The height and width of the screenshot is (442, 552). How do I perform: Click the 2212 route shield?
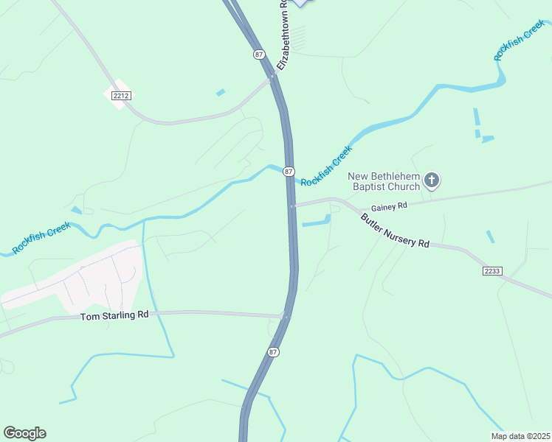(x=121, y=96)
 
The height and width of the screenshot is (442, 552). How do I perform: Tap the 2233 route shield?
(x=492, y=271)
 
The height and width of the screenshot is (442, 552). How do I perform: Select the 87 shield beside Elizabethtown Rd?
(x=258, y=55)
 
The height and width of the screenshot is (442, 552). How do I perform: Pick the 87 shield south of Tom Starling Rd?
(x=274, y=352)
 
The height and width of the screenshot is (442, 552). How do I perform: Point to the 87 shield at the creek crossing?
(x=289, y=171)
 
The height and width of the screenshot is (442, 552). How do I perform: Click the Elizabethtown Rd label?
(x=283, y=35)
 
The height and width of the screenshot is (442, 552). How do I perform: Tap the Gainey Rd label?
(x=389, y=207)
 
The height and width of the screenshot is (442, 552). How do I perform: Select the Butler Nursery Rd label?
(x=395, y=231)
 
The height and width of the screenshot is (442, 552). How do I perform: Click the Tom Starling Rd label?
(x=114, y=315)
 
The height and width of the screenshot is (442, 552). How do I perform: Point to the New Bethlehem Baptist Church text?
(x=384, y=181)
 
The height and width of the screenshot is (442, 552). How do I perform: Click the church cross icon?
(x=432, y=180)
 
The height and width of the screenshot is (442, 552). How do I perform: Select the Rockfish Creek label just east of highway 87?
(x=327, y=166)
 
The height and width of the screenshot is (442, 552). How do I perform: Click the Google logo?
(x=24, y=433)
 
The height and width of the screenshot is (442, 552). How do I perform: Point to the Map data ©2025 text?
(x=520, y=436)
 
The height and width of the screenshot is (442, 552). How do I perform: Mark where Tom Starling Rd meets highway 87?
(x=286, y=317)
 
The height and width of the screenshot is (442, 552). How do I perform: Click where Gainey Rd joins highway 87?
(x=294, y=206)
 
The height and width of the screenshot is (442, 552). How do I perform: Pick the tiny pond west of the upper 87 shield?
(x=221, y=93)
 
